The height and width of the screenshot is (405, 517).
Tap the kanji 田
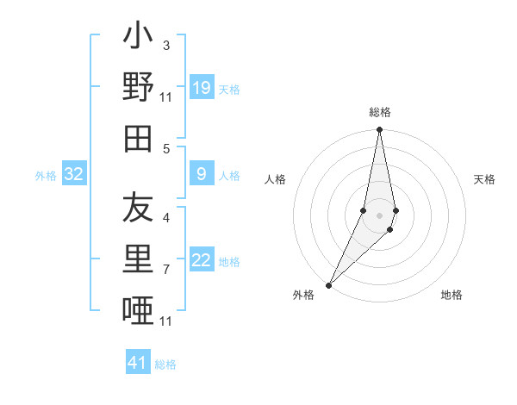[138, 138]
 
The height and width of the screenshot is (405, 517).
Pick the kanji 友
[138, 208]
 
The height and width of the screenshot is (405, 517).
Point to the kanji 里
[138, 259]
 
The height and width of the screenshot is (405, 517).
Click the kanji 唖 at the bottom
[138, 309]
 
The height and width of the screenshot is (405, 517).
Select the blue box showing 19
[201, 88]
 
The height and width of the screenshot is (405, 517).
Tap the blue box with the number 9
[201, 175]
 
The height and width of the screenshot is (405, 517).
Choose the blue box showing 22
[201, 261]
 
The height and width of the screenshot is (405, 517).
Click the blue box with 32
[74, 175]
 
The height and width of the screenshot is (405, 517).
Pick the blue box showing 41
[138, 363]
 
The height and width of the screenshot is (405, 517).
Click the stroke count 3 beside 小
[165, 45]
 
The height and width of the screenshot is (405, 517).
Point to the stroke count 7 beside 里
[165, 270]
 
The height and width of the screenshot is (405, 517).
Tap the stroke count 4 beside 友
[165, 217]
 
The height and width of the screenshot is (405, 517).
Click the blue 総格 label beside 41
[165, 364]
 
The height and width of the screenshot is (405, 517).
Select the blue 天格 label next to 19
[229, 90]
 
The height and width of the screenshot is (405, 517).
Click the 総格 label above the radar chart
[379, 113]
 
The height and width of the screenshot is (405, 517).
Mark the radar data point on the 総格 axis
[379, 130]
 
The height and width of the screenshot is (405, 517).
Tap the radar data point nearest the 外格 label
[328, 284]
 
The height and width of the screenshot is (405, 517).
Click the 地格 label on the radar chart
[452, 295]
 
